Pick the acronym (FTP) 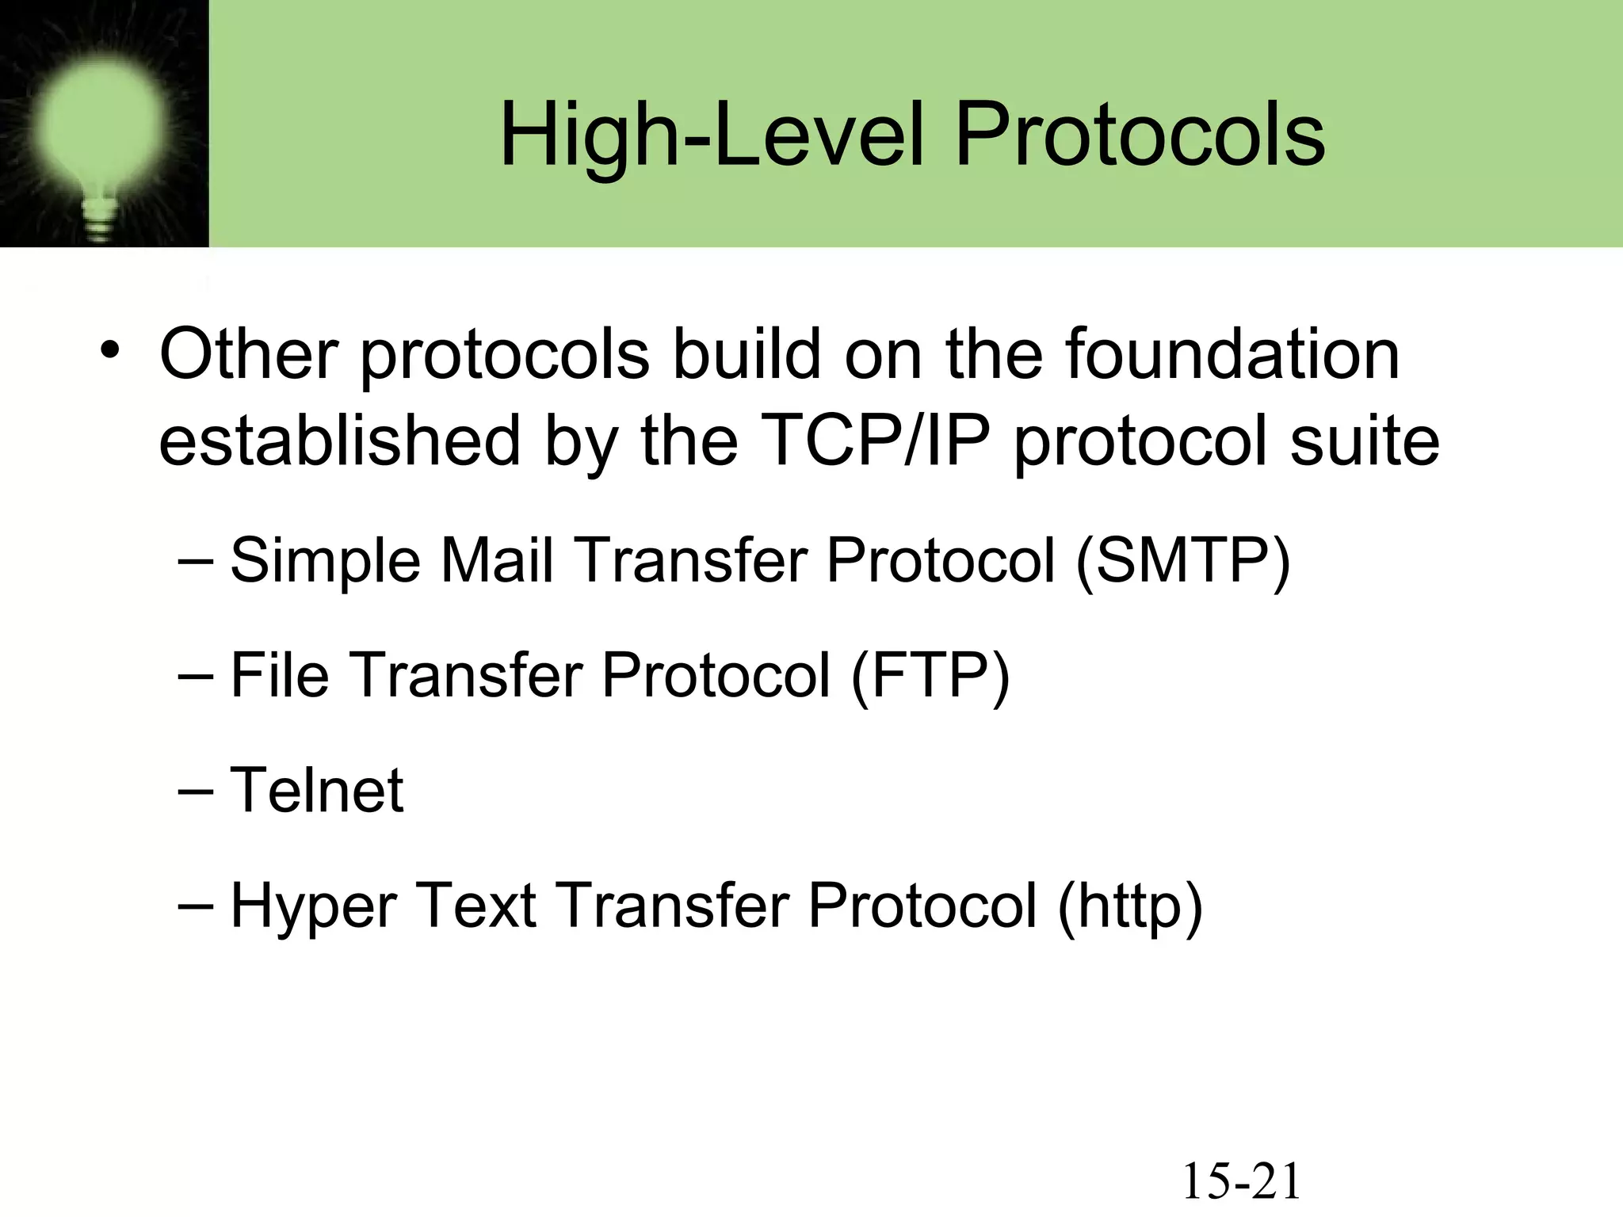(930, 676)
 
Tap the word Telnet (317, 791)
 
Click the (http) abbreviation (1130, 906)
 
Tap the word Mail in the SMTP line (496, 561)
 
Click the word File (279, 676)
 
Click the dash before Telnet (196, 791)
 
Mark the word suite (1364, 441)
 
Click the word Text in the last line (475, 906)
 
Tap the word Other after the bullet (249, 353)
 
